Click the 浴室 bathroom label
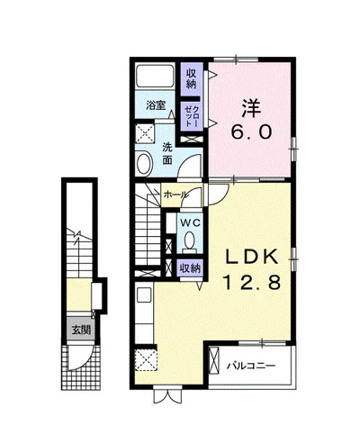click(156, 105)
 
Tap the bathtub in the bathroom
click(155, 76)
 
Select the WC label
click(190, 222)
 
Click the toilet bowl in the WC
click(189, 241)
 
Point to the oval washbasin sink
click(144, 164)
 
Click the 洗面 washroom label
click(166, 154)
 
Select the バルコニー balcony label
click(251, 366)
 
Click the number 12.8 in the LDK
click(251, 283)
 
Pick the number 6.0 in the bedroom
click(251, 131)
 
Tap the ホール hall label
click(175, 195)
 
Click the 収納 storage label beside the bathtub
click(191, 78)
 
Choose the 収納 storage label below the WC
click(190, 268)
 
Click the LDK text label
click(251, 258)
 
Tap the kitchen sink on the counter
click(144, 295)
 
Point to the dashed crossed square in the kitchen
click(146, 359)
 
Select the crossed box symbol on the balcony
click(214, 360)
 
